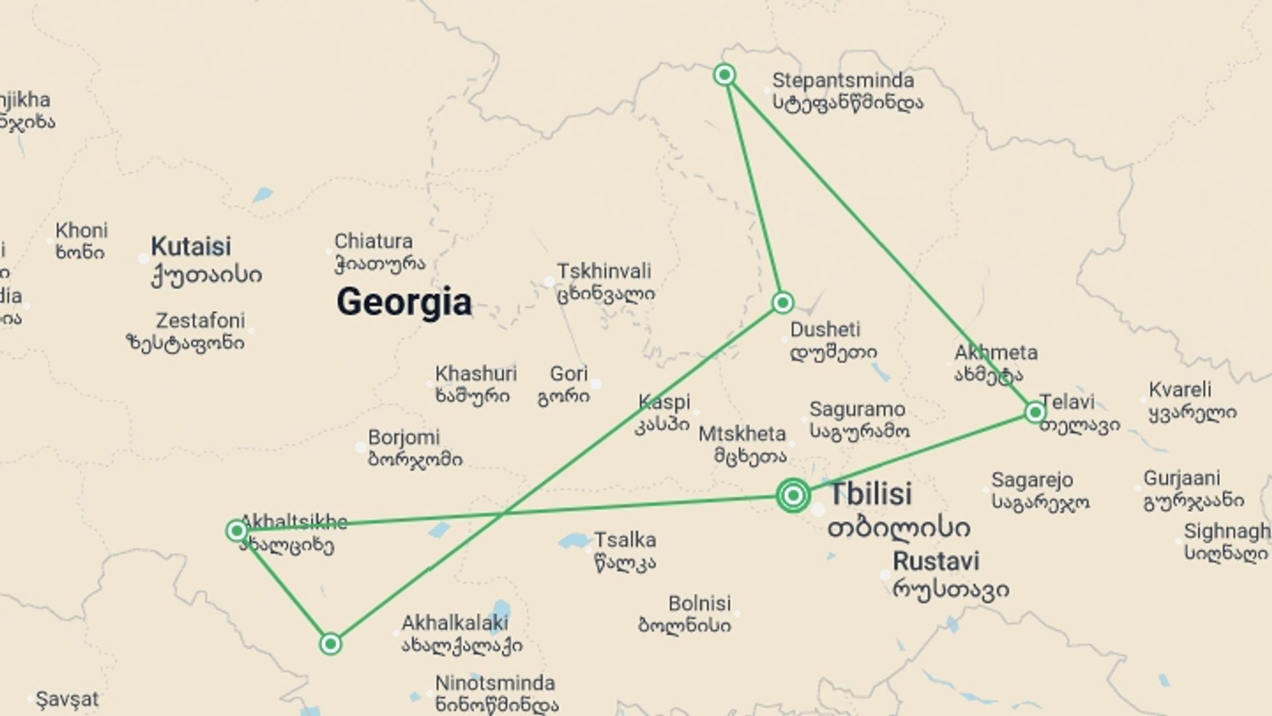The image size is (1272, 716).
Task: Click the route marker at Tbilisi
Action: [x=793, y=495]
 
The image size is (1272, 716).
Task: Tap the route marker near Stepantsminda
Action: [x=725, y=74]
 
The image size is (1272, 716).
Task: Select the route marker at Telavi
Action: [x=1035, y=412]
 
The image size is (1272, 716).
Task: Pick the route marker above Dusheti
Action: [x=782, y=303]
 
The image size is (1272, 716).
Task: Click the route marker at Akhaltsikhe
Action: [x=237, y=530]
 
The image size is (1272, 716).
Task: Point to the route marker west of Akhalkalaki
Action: [x=331, y=644]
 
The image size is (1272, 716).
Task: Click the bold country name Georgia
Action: [x=404, y=302]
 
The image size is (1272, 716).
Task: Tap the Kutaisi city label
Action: [x=191, y=247]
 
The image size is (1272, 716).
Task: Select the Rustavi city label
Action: [x=935, y=562]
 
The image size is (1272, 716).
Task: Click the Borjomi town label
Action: [x=403, y=438]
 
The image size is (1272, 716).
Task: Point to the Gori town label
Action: [x=568, y=374]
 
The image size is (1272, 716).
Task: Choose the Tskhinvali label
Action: [x=604, y=271]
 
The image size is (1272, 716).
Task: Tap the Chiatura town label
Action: [x=373, y=241]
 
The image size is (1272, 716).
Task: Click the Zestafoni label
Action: [x=200, y=321]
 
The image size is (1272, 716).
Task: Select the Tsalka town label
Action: [x=625, y=540]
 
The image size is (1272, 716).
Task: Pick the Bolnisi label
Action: [x=700, y=604]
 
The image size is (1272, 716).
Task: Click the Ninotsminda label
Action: [x=494, y=683]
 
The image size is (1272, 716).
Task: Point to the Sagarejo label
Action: [x=1032, y=480]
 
